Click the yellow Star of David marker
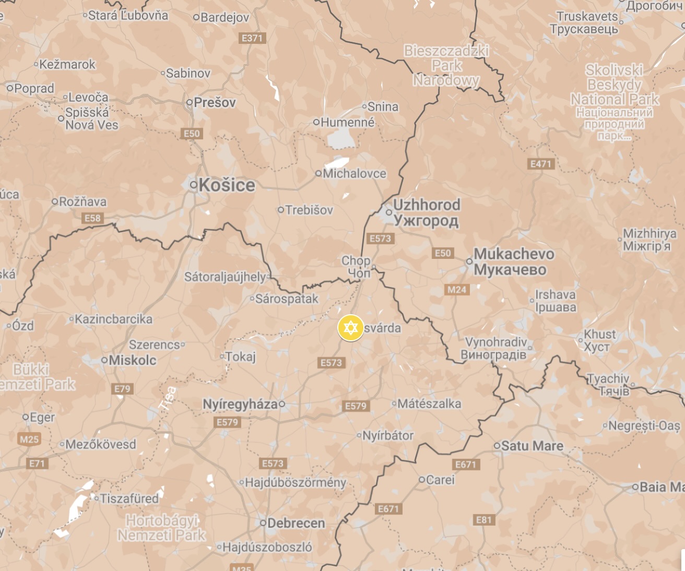coord(351,328)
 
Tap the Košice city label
coord(227,185)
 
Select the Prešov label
coord(215,102)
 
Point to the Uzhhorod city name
coord(427,205)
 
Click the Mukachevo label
coord(514,254)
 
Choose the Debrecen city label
coord(296,523)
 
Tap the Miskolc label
coord(132,360)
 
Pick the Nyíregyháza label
coord(240,404)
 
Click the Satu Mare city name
coord(532,446)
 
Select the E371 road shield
coord(252,38)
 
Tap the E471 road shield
coord(541,164)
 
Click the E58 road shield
coord(92,218)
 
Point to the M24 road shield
coord(457,290)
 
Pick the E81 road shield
coord(484,520)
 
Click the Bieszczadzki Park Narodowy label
coord(446,66)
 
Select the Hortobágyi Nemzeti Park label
coord(162,528)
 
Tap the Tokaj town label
coord(240,357)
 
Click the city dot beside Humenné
coord(316,122)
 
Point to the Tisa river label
coord(168,400)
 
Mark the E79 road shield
coord(123,389)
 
